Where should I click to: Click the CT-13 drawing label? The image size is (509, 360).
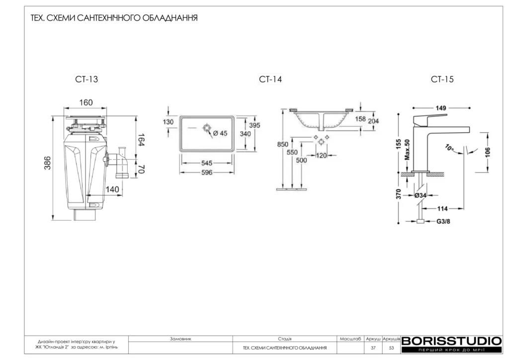click(86, 79)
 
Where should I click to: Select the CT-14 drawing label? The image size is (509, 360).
click(270, 79)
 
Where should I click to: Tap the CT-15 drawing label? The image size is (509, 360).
click(442, 79)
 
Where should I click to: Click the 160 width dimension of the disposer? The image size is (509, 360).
click(86, 102)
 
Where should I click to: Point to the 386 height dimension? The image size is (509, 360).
click(47, 163)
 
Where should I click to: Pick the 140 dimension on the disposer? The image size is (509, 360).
click(112, 189)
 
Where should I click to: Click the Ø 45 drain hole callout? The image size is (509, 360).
click(220, 133)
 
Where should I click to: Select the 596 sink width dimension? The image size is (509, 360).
click(207, 173)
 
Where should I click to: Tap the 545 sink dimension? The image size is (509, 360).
click(207, 163)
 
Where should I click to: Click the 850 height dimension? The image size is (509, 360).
click(282, 144)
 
